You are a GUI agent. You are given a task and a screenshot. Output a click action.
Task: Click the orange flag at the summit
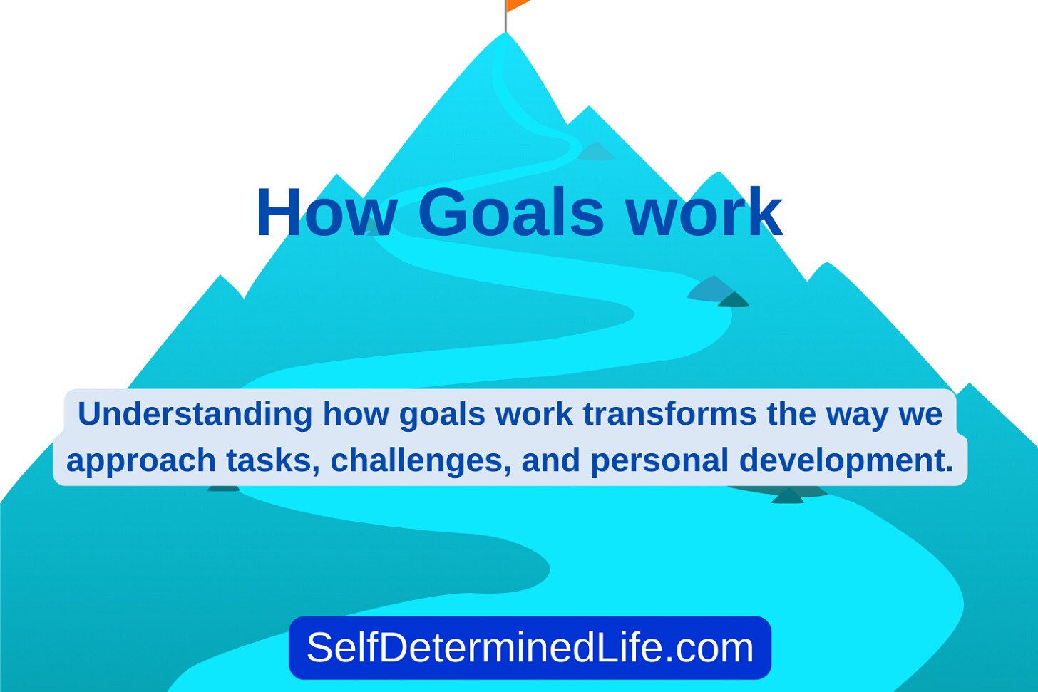[516, 4]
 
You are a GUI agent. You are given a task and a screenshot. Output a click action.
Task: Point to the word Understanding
[195, 413]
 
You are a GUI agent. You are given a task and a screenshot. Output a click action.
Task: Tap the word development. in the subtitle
[846, 461]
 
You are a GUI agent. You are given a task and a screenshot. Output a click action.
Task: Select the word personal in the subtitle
[660, 461]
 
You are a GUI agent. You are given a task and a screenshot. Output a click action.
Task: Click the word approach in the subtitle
[141, 461]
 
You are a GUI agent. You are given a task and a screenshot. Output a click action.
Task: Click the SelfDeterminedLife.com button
[530, 648]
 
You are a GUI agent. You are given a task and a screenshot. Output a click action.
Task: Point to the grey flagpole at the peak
[505, 16]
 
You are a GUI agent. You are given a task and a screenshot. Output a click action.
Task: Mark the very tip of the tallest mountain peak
[505, 33]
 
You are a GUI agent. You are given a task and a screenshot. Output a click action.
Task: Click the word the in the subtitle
[791, 413]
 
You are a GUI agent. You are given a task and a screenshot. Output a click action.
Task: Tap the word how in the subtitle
[356, 413]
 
